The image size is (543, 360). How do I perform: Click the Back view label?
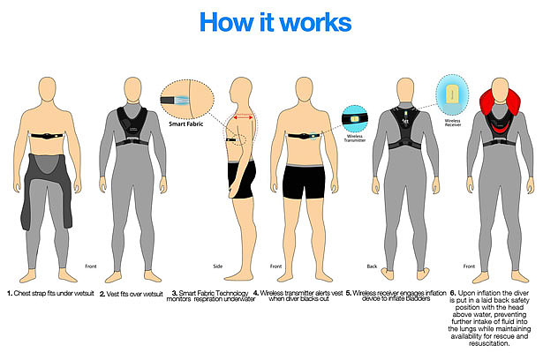coord(371,266)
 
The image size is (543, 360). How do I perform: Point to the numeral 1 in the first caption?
coord(9,292)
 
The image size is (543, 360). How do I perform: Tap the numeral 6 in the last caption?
coord(452,292)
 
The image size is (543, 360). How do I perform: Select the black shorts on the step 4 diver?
coord(307,181)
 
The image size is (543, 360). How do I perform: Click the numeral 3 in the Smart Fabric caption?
coord(174,292)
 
